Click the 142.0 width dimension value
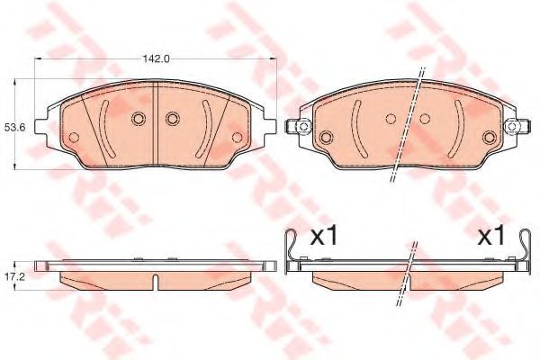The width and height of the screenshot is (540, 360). (x=157, y=58)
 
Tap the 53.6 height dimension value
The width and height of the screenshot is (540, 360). (x=11, y=128)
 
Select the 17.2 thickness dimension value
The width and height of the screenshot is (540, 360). (x=11, y=276)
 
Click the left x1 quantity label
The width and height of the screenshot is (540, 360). (x=324, y=237)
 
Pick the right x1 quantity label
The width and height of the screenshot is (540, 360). (x=491, y=237)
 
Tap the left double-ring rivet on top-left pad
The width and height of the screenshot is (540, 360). (x=138, y=119)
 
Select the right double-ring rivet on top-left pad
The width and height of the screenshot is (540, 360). (x=173, y=119)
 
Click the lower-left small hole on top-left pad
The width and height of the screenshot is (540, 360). (x=74, y=138)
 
